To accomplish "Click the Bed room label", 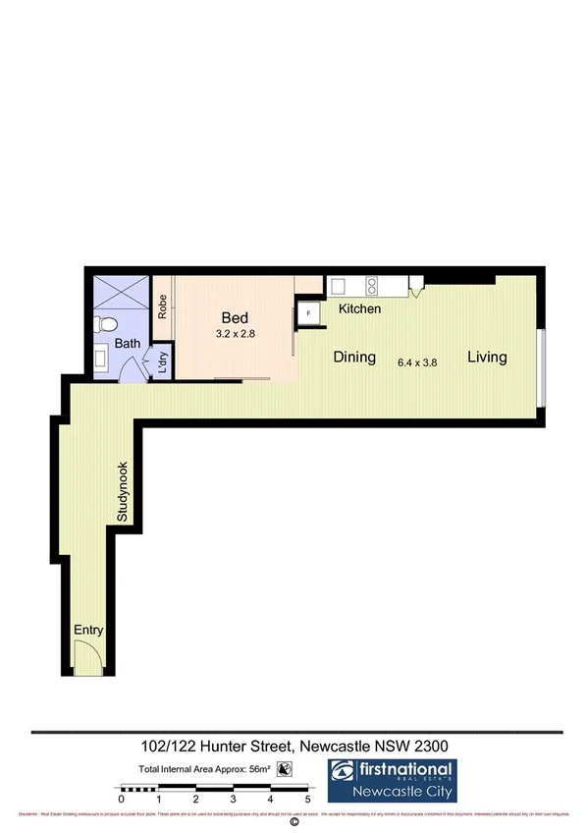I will [x=235, y=318].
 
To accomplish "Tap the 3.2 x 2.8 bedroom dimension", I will [x=236, y=334].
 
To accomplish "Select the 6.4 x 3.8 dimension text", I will [x=417, y=361].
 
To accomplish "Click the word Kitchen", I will [x=359, y=309].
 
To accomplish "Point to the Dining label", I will [x=353, y=358].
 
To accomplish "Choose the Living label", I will [x=487, y=357].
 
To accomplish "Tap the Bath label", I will [x=128, y=344].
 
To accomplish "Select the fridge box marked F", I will [x=309, y=313].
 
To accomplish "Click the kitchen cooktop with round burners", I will [x=372, y=286].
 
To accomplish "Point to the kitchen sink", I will [x=338, y=286].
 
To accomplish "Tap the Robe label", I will [x=164, y=306].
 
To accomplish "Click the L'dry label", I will [x=163, y=361].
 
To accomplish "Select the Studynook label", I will [x=124, y=491].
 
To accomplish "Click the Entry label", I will [x=87, y=631].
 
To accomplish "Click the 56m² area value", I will [x=260, y=769].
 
